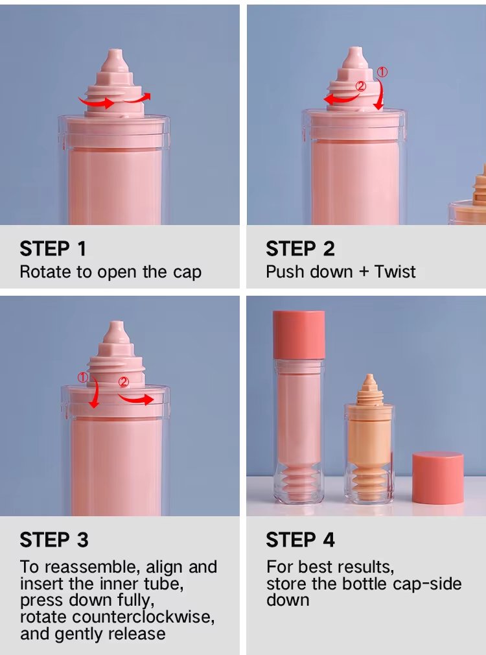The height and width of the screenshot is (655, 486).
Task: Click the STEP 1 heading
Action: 52,248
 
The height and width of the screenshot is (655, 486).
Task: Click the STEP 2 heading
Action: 300,248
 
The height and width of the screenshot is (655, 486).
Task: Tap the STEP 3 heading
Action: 54,540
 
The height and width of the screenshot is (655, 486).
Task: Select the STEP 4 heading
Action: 301,540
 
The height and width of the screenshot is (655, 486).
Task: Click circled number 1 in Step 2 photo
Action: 382,72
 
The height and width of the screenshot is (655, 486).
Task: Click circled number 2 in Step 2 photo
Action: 361,86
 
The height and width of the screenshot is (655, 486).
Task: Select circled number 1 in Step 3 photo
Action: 83,377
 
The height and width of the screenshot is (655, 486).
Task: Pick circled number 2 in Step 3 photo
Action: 124,382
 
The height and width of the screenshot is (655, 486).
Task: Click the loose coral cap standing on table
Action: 438,478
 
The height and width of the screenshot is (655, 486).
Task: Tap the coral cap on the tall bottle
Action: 299,334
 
